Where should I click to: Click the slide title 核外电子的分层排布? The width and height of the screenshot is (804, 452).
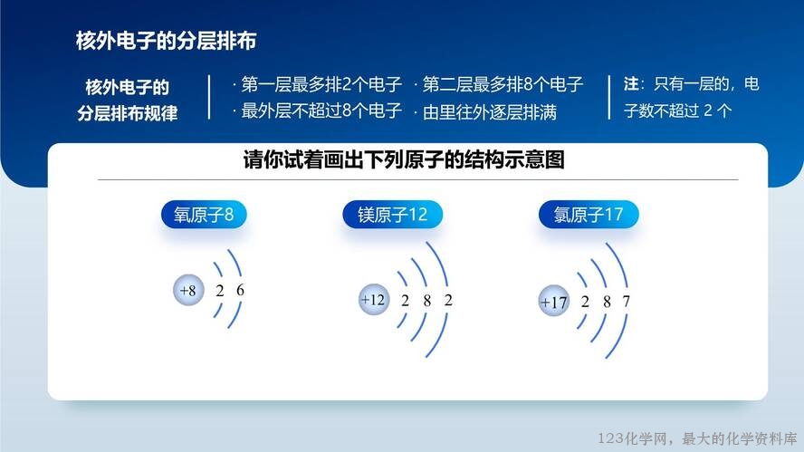click(166, 41)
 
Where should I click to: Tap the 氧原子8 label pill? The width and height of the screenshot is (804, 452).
click(204, 215)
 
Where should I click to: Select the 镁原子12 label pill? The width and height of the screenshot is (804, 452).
click(392, 215)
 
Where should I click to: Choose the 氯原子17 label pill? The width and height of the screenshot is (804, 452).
click(589, 215)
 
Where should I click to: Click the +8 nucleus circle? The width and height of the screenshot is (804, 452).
click(188, 291)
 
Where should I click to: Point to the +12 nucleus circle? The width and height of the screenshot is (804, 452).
click(374, 299)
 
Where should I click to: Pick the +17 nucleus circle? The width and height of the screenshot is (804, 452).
click(554, 301)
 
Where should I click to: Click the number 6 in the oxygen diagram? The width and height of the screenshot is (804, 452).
click(240, 290)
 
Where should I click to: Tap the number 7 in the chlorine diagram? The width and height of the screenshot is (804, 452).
click(626, 301)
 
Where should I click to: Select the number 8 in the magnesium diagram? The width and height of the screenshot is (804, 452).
click(427, 301)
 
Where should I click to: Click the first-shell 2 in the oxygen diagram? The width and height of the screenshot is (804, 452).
click(220, 291)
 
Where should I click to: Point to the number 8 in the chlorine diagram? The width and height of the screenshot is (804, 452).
click(608, 302)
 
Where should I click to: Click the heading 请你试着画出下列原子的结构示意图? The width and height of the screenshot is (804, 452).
click(404, 159)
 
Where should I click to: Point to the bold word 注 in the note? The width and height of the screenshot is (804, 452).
click(631, 83)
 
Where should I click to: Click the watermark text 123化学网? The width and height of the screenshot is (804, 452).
click(633, 438)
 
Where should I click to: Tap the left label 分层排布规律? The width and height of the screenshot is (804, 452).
click(128, 112)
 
